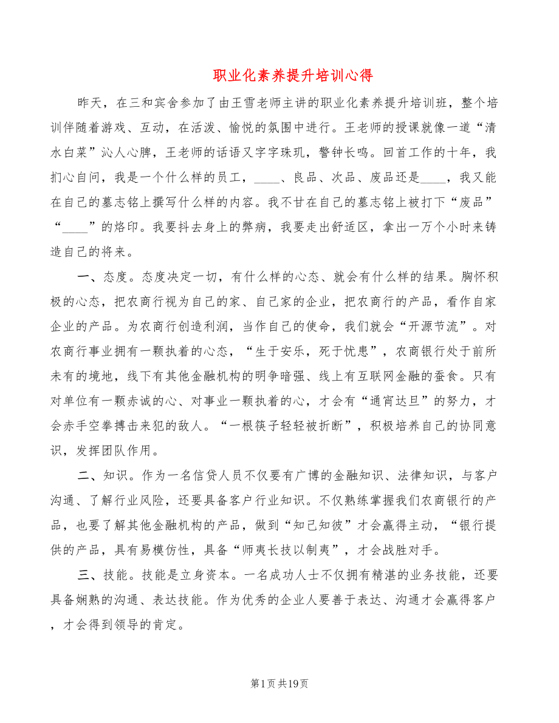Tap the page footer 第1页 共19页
[279, 684]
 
